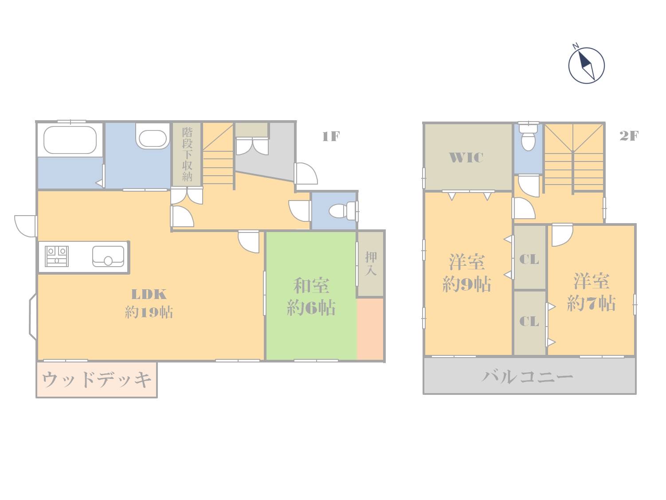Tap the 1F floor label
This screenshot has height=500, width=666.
331,136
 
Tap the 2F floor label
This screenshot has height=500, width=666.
629,136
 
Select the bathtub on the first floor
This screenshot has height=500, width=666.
70,140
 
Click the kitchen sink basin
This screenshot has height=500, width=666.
108,256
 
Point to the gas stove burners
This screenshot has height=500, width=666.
57,256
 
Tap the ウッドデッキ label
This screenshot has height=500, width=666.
97,380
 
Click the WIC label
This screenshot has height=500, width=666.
466,157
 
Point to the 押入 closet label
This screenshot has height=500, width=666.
371,264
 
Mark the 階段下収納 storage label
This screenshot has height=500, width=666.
187,154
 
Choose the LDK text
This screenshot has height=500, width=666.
149,294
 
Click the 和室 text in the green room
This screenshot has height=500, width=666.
311,286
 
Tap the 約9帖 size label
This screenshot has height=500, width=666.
466,284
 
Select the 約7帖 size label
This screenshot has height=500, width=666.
592,303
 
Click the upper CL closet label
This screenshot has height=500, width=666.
529,260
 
